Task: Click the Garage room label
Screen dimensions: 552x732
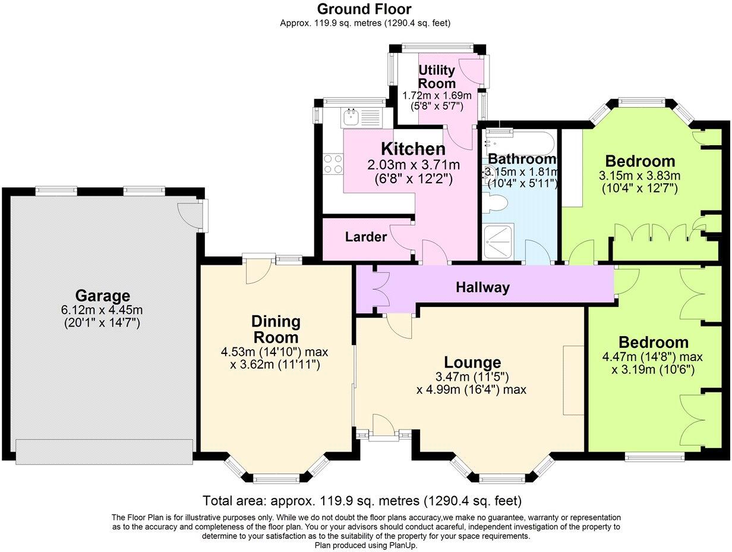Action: tap(102, 296)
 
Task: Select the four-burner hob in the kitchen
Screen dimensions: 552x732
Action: tap(332, 164)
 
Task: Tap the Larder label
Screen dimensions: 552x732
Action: tap(366, 237)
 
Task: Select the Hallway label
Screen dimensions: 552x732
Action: tap(482, 288)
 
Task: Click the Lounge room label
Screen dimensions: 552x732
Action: tap(472, 362)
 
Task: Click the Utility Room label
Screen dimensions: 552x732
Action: tap(437, 76)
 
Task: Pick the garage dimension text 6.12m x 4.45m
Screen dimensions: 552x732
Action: tap(102, 310)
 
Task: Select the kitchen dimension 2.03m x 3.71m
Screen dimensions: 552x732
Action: tap(412, 165)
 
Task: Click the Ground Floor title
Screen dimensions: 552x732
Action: tap(364, 9)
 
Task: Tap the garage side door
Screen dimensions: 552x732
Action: tap(191, 215)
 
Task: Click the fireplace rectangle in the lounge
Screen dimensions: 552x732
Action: tap(573, 380)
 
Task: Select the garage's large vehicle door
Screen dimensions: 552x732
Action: tap(105, 451)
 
